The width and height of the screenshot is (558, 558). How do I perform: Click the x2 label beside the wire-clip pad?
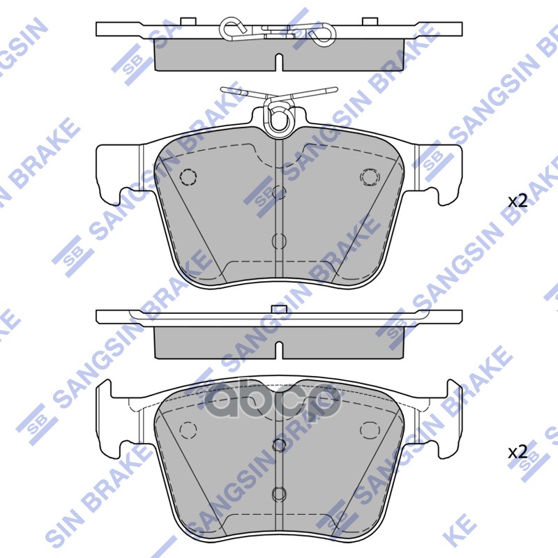click(x=517, y=202)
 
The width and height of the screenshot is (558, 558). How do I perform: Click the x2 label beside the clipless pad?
click(x=517, y=451)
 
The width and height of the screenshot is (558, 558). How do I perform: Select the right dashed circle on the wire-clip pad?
click(x=368, y=177)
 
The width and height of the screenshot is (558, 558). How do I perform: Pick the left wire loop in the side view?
click(x=232, y=29)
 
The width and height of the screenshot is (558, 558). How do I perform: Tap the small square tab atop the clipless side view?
click(x=278, y=308)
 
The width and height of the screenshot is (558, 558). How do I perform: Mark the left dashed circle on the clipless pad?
click(x=188, y=429)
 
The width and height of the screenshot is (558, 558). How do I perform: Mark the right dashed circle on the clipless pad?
click(x=368, y=429)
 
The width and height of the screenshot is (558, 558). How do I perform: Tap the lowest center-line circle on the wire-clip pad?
click(x=279, y=241)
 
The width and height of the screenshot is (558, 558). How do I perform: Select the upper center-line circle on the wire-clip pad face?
click(x=279, y=193)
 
